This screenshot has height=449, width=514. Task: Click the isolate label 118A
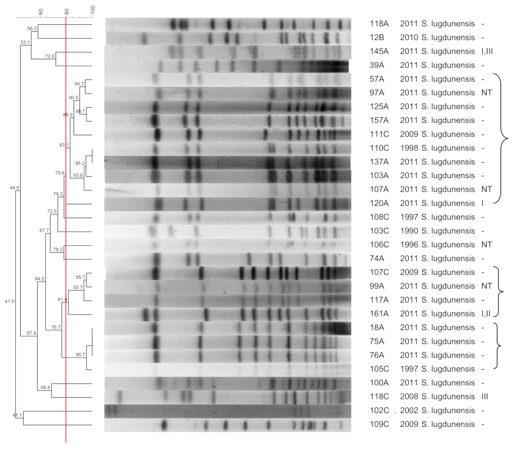pyautogui.click(x=379, y=24)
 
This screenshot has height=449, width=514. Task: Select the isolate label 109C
pyautogui.click(x=379, y=424)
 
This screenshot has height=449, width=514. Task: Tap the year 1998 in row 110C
pyautogui.click(x=409, y=148)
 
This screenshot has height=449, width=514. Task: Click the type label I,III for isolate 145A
pyautogui.click(x=487, y=51)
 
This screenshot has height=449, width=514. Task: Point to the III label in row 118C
pyautogui.click(x=485, y=397)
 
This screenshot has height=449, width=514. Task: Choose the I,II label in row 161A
pyautogui.click(x=486, y=314)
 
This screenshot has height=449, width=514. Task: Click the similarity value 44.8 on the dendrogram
pyautogui.click(x=14, y=188)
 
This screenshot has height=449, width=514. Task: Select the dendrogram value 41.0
pyautogui.click(x=9, y=302)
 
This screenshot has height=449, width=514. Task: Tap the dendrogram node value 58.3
pyautogui.click(x=32, y=29)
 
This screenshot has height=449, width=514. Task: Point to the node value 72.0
pyautogui.click(x=50, y=56)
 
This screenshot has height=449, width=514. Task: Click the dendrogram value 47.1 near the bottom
pyautogui.click(x=17, y=415)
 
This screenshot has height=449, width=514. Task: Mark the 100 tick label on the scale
pyautogui.click(x=93, y=10)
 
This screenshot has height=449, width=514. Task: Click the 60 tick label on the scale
pyautogui.click(x=40, y=11)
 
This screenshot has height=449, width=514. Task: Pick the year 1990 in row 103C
pyautogui.click(x=409, y=231)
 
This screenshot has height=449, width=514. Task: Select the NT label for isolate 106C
pyautogui.click(x=486, y=245)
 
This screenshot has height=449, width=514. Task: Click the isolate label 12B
pyautogui.click(x=377, y=37)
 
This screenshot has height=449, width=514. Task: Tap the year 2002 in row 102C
pyautogui.click(x=409, y=411)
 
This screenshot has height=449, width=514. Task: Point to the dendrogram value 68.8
pyautogui.click(x=45, y=388)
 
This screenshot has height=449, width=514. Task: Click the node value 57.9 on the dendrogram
pyautogui.click(x=31, y=333)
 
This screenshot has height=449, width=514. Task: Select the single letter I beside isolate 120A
pyautogui.click(x=482, y=203)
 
